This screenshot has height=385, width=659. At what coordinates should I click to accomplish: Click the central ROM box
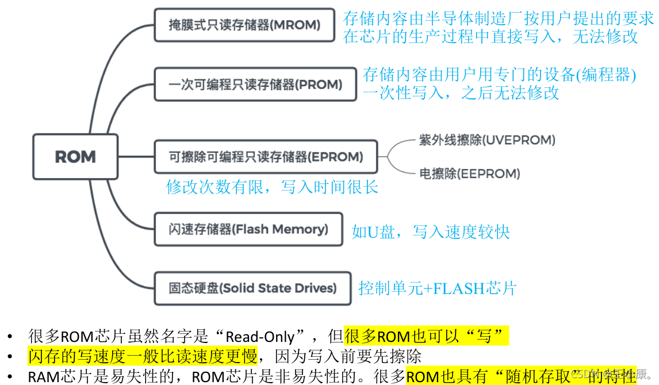coord(75,156)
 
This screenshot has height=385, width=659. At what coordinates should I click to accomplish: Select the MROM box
coord(244,25)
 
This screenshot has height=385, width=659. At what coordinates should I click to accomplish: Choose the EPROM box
coord(266,156)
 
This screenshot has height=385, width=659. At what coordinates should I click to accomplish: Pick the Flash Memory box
coord(248,229)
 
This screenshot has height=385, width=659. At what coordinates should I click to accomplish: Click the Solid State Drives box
coord(252,288)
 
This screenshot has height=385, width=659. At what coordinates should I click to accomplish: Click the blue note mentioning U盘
coord(431,232)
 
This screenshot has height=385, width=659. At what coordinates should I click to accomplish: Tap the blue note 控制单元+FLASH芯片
coord(438,288)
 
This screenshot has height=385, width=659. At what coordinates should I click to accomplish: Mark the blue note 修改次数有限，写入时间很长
coord(272,187)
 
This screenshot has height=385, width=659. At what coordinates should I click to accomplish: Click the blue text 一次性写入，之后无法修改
coord(461,93)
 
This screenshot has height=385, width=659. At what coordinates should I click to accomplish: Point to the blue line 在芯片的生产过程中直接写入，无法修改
coord(491,36)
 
